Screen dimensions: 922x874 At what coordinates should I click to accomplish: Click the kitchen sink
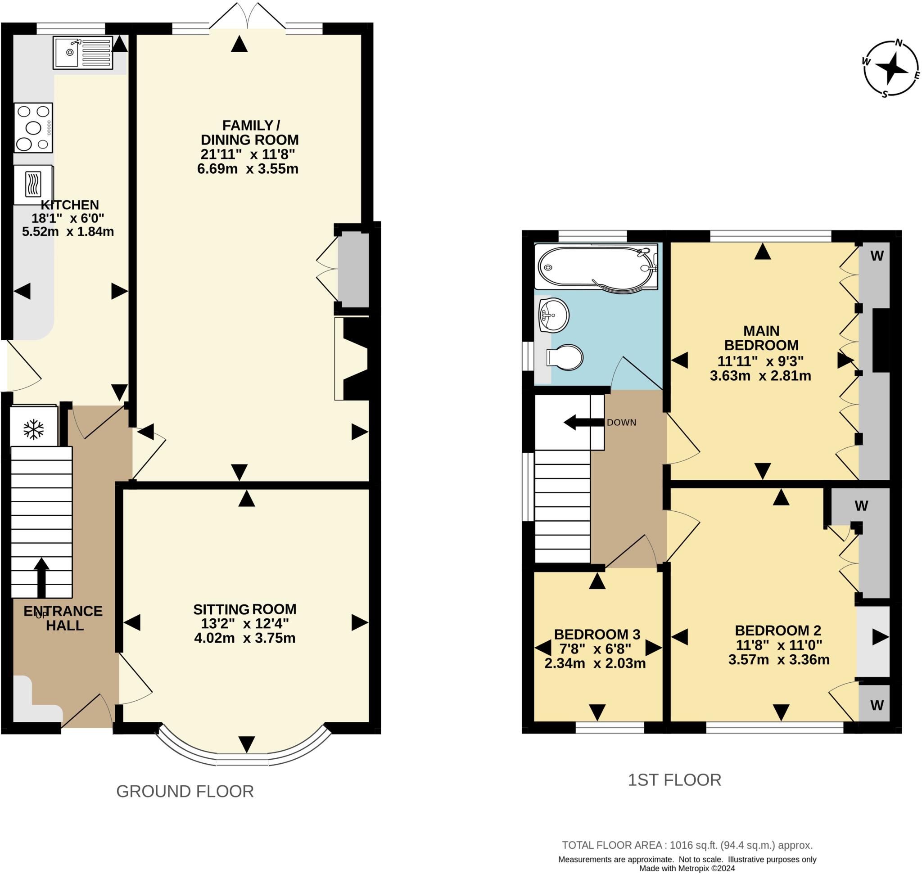[83, 53]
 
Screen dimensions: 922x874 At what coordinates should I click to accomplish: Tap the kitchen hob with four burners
[33, 128]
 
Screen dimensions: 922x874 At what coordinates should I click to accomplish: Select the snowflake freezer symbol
[34, 429]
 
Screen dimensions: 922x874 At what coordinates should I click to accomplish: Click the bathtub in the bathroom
[596, 268]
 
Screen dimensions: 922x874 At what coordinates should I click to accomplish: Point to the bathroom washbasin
[553, 315]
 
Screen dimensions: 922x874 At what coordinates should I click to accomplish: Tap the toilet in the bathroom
[565, 357]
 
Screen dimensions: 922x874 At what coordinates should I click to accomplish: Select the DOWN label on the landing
[621, 423]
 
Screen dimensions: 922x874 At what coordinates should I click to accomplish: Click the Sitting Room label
[245, 609]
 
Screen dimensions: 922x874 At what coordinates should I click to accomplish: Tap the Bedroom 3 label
[597, 634]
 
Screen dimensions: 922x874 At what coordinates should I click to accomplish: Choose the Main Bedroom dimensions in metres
[760, 375]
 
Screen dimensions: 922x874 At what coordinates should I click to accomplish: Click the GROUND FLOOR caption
[185, 791]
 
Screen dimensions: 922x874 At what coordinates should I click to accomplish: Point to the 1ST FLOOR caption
[674, 779]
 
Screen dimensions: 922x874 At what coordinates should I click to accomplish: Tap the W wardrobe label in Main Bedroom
[877, 256]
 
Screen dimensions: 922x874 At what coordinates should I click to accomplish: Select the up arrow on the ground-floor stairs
[41, 578]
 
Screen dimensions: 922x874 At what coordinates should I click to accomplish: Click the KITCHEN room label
[70, 205]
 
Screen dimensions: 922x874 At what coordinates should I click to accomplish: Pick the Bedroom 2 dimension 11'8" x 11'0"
[778, 645]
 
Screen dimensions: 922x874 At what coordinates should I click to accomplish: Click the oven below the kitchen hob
[33, 185]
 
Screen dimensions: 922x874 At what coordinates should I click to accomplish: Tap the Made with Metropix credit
[687, 868]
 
